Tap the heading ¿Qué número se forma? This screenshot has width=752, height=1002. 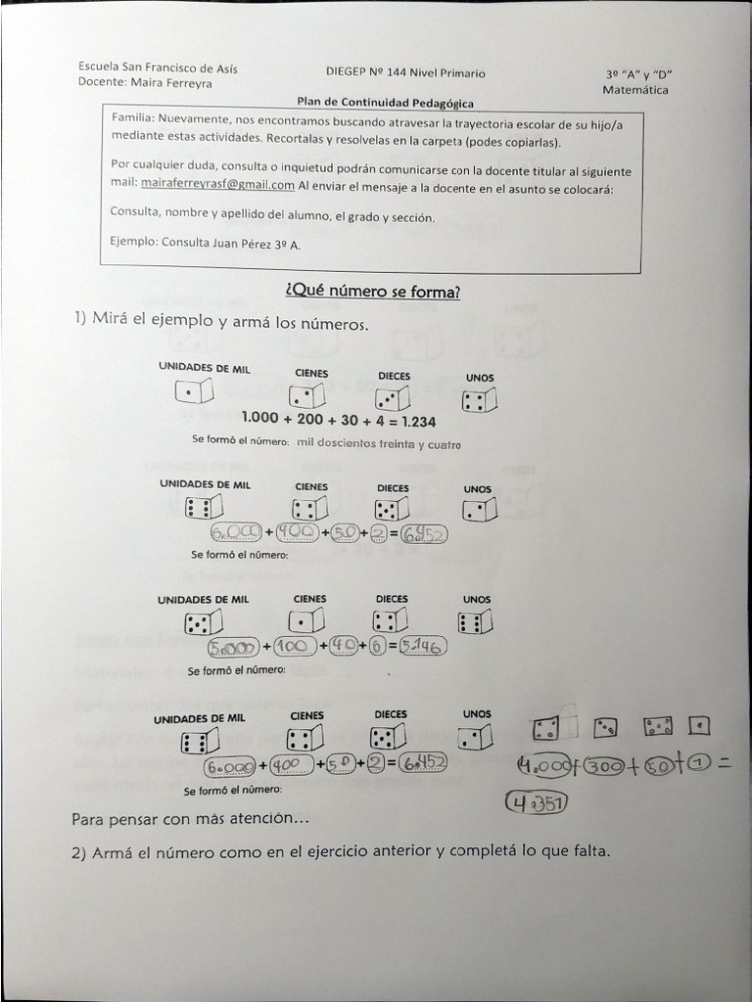[371, 292]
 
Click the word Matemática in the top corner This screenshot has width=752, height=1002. [635, 90]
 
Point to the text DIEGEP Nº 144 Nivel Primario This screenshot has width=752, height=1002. [405, 72]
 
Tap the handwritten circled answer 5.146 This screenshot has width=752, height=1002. [424, 647]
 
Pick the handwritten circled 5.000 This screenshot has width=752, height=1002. [233, 647]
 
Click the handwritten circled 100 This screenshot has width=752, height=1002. [296, 647]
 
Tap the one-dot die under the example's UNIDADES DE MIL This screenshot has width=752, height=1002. [194, 392]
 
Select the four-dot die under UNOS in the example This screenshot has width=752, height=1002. [479, 401]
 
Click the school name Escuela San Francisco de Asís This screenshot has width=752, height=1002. [158, 68]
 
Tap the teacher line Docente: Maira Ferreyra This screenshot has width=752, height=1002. [145, 82]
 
